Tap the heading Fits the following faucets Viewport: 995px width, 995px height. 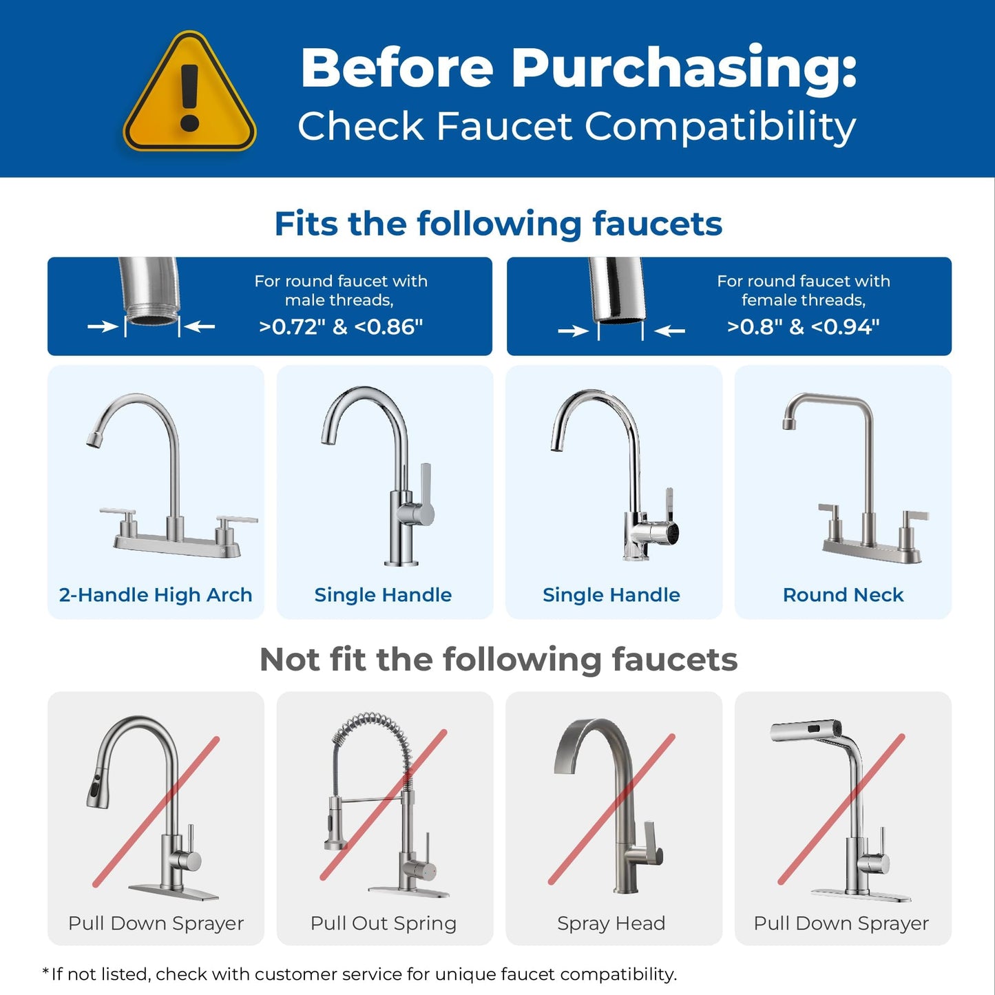click(498, 224)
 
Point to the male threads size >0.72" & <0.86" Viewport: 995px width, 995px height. click(341, 326)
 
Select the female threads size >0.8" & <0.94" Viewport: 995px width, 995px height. click(803, 326)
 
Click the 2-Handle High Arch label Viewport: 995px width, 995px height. click(156, 595)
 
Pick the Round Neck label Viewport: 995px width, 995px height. click(843, 595)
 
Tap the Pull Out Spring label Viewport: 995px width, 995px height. click(384, 923)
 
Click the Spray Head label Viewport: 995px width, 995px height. click(611, 923)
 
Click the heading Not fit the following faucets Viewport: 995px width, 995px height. click(498, 660)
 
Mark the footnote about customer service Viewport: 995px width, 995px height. click(360, 974)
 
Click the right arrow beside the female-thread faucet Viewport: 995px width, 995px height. click(669, 331)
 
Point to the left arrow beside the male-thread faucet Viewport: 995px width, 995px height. click(103, 327)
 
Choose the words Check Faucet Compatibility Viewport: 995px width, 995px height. click(577, 127)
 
